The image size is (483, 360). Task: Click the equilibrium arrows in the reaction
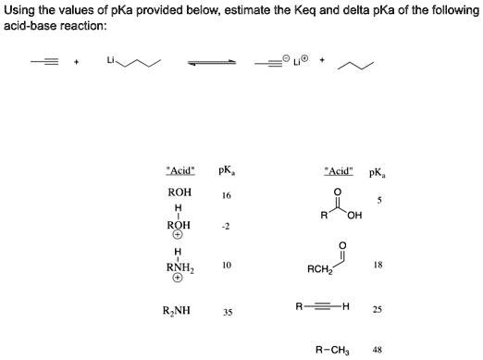212,64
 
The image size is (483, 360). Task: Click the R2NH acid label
177,311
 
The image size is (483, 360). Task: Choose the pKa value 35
227,312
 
